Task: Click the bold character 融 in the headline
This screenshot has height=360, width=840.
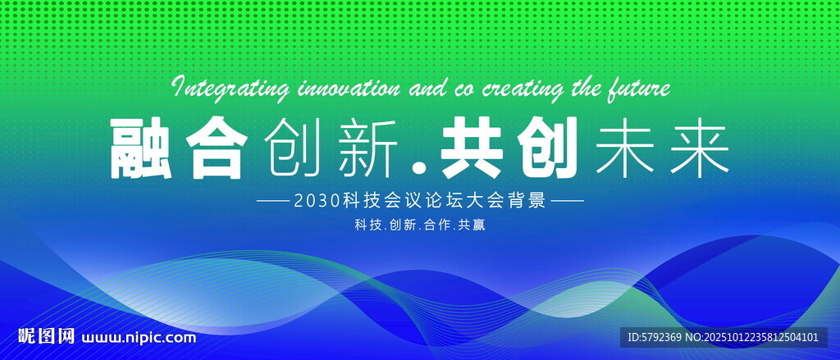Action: coord(141,148)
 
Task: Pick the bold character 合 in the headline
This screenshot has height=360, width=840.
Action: coord(217,148)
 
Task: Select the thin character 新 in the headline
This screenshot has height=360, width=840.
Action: coord(367,148)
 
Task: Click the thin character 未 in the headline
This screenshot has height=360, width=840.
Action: coord(625,148)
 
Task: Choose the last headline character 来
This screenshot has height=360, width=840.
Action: coord(701,148)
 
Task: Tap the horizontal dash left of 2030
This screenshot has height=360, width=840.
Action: coord(272,202)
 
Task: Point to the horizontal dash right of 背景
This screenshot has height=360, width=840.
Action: coord(568,202)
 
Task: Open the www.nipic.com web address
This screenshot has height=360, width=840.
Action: coord(139,338)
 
